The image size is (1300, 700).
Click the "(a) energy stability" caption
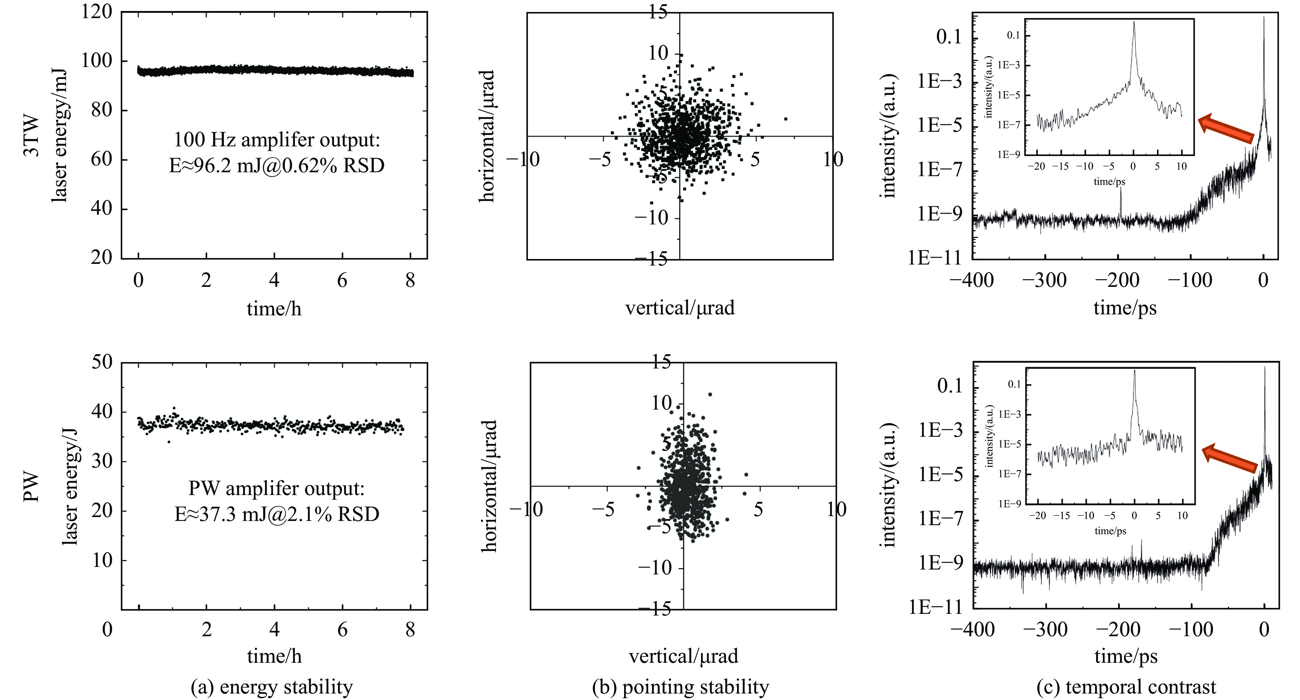click(x=272, y=687)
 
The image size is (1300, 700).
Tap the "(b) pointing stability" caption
click(x=681, y=687)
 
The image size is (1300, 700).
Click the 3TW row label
click(x=31, y=136)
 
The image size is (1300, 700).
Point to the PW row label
click(x=31, y=487)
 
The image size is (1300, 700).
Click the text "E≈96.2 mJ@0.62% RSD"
click(x=276, y=165)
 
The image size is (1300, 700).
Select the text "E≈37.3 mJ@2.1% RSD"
click(x=276, y=514)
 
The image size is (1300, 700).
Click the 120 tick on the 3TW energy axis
click(x=96, y=11)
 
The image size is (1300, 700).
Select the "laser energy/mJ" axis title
click(x=60, y=136)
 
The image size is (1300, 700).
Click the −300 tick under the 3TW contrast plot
click(x=1044, y=280)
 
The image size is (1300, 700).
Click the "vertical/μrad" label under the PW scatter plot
click(x=683, y=656)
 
